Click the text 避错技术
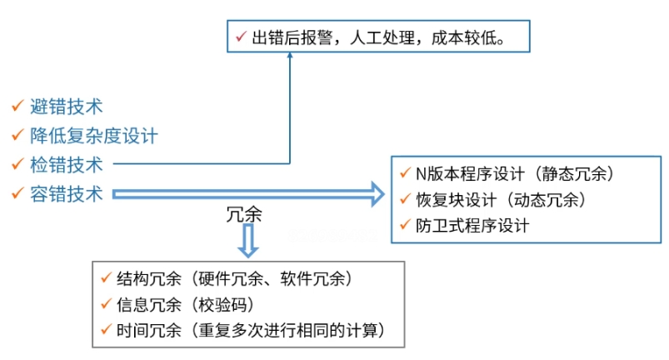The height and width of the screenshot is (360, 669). click(67, 106)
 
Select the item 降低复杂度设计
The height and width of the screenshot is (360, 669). click(94, 134)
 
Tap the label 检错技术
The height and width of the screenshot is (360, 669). click(67, 164)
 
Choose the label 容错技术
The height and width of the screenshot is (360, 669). click(67, 194)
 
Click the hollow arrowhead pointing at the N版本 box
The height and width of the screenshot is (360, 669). click(375, 196)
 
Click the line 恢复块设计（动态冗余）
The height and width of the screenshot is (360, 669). click(500, 200)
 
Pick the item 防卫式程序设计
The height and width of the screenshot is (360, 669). click(472, 225)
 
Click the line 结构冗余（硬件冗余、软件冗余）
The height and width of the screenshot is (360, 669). click(237, 278)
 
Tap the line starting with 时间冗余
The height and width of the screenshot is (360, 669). click(251, 330)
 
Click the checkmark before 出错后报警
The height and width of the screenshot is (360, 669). click(240, 37)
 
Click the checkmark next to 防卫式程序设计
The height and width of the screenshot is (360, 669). click(405, 225)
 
